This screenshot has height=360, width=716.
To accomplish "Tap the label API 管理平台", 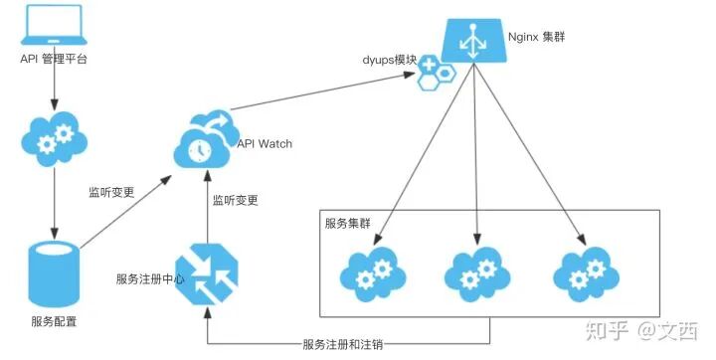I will tap(53, 59).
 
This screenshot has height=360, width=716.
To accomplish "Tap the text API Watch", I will tap(265, 143).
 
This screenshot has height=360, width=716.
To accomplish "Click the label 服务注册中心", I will tap(150, 277).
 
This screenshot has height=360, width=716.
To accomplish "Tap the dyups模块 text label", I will tap(390, 60).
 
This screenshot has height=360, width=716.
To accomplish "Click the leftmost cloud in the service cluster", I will tap(371, 270).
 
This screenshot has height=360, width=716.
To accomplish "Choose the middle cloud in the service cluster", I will tap(476, 270).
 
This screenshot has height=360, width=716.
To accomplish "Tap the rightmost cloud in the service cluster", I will tap(585, 270).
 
